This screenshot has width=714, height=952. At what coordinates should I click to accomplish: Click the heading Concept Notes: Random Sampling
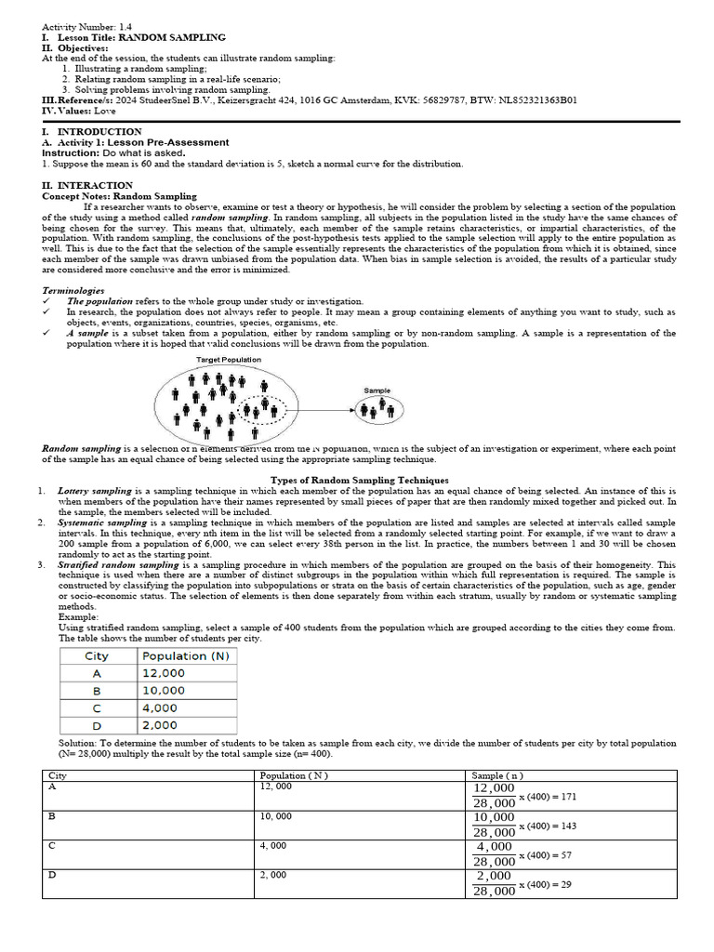[119, 196]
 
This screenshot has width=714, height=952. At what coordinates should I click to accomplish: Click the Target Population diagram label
[229, 360]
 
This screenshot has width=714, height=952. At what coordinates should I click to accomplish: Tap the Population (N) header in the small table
[185, 655]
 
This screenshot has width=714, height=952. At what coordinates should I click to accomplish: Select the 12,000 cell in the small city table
[164, 673]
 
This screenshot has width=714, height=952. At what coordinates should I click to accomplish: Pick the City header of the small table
[97, 655]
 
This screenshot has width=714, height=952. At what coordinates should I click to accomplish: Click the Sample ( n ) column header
[497, 774]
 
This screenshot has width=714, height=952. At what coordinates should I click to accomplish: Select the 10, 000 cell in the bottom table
[276, 816]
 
